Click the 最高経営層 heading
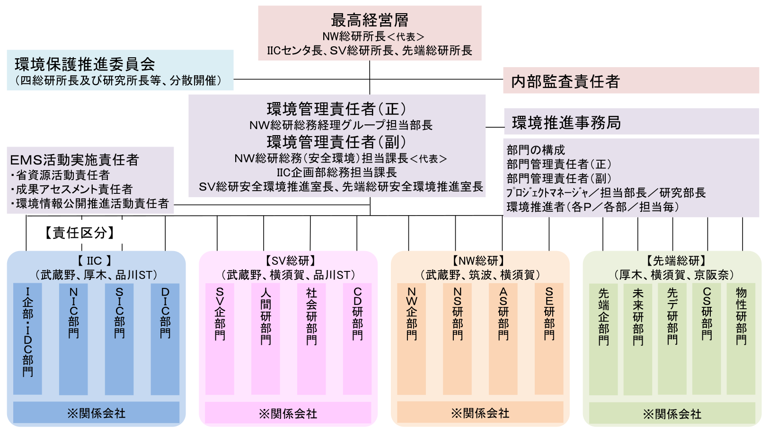pos(370,20)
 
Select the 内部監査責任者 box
pos(631,80)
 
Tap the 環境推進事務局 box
pos(631,122)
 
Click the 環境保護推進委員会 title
pos(85,64)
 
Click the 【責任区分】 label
pos(80,233)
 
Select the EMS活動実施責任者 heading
pos(74,160)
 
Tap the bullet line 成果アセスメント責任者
pos(71,190)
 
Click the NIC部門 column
pos(73,339)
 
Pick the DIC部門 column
pos(165,339)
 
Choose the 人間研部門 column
pos(265,339)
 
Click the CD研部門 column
pos(357,339)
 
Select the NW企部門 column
pos(412,339)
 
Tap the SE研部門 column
pos(549,339)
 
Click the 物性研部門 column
pos(741,339)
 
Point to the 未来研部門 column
pos(638,339)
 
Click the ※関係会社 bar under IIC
pos(97,412)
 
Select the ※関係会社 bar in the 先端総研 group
pos(672,413)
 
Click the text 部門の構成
pos(536,150)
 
